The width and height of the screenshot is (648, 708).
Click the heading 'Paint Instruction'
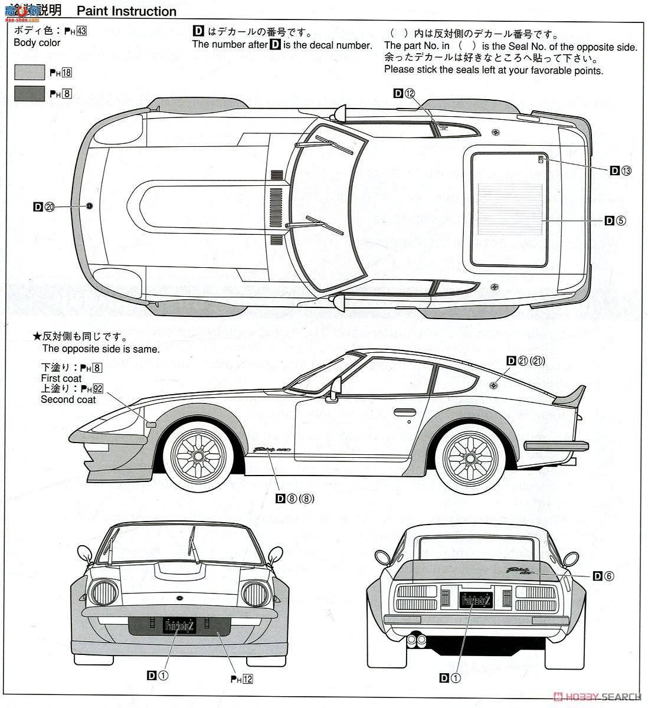(126, 11)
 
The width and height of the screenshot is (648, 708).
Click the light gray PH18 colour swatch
(30, 72)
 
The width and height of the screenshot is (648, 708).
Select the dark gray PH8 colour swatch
(30, 93)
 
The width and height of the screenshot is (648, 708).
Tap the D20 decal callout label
(44, 206)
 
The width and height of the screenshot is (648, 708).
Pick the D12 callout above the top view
(405, 93)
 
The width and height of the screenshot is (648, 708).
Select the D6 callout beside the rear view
(604, 576)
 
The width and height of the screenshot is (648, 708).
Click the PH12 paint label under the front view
(241, 679)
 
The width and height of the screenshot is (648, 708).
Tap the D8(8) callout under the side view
(295, 498)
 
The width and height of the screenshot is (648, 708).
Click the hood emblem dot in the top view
(89, 205)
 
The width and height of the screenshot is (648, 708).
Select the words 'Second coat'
(68, 399)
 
